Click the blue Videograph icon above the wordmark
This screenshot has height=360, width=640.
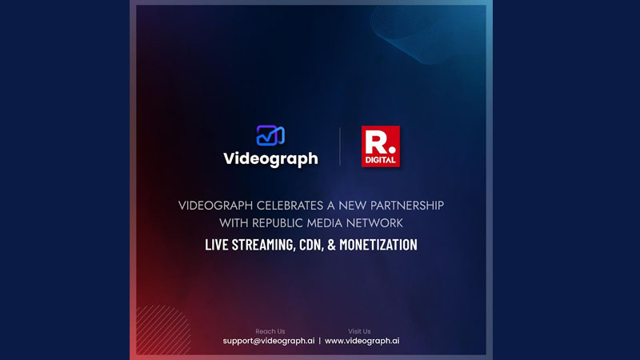coord(270,135)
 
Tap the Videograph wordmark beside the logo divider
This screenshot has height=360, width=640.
coord(270,158)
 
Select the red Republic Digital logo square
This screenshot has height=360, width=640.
coord(381,146)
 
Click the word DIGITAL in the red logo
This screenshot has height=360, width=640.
coord(381,159)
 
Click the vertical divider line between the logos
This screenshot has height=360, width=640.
coord(340,146)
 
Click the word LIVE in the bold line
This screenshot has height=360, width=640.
coord(218,245)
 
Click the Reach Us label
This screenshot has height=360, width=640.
coord(270,331)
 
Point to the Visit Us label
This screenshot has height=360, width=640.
coord(359,331)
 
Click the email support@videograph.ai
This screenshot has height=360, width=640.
coord(268,341)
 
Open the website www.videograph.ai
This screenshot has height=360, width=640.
coord(362,341)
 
